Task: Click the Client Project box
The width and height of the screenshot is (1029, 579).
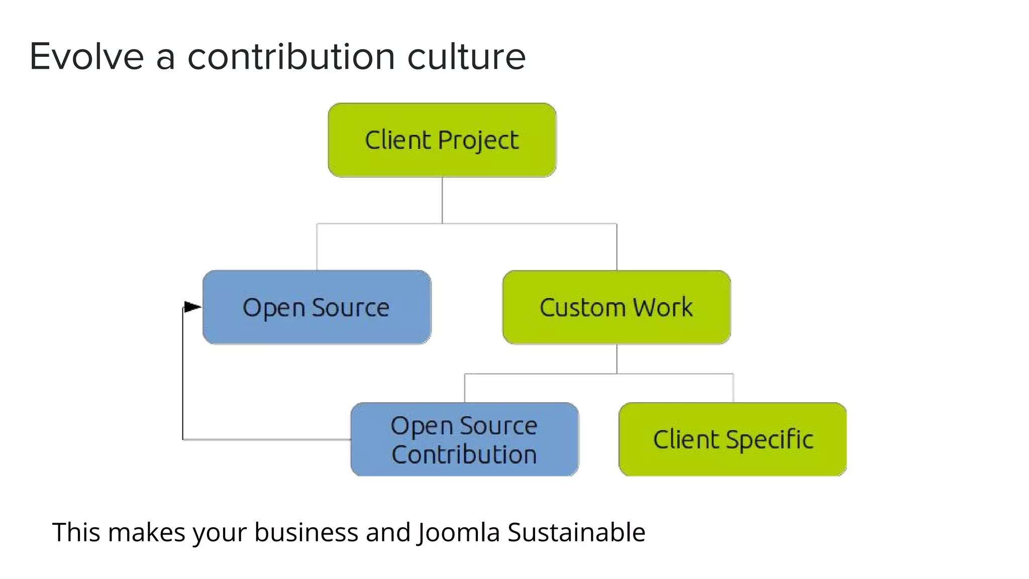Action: (x=442, y=140)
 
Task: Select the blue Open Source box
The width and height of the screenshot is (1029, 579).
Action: (x=317, y=307)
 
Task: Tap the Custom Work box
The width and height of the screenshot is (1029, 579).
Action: (x=616, y=307)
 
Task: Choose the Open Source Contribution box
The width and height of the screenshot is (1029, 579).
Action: (x=464, y=439)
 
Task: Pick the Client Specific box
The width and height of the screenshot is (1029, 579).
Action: (x=733, y=439)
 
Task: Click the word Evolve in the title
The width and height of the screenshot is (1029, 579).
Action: (x=87, y=56)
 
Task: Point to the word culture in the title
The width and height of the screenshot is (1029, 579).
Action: (x=466, y=56)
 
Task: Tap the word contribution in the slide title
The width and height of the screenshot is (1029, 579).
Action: (x=291, y=56)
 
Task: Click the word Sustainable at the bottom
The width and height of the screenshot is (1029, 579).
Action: (x=576, y=532)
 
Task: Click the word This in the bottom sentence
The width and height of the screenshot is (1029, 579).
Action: (x=76, y=532)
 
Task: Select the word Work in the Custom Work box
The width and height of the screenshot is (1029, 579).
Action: (x=663, y=307)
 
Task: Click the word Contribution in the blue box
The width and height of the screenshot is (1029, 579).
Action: (x=464, y=454)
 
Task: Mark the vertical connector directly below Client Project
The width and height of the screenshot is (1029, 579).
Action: (x=442, y=200)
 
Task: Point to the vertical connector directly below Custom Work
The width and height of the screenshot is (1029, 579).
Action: (x=616, y=359)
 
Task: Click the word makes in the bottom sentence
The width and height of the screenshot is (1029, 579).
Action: (x=146, y=532)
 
